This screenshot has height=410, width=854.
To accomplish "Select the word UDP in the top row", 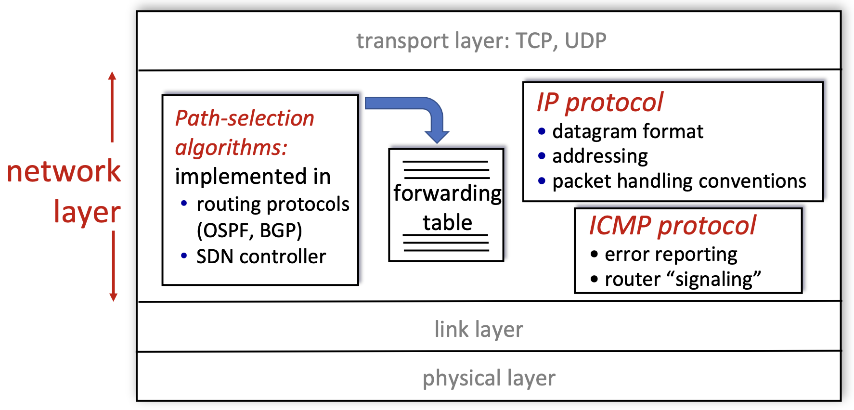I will pyautogui.click(x=585, y=41).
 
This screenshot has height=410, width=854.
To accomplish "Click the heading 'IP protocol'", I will pyautogui.click(x=600, y=102).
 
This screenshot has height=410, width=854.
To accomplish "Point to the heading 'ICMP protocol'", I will pyautogui.click(x=673, y=226).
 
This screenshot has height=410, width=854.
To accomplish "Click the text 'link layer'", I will pyautogui.click(x=479, y=330).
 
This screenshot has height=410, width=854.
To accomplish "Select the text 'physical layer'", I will pyautogui.click(x=489, y=378).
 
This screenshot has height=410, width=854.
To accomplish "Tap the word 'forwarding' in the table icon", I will pyautogui.click(x=447, y=193).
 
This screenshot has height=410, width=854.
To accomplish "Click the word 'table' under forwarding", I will pyautogui.click(x=447, y=223).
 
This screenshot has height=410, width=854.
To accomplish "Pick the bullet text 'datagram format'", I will pyautogui.click(x=627, y=131).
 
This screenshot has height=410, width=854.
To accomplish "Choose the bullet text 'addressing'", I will pyautogui.click(x=600, y=156).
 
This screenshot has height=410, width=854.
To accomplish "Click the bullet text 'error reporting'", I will pyautogui.click(x=671, y=255).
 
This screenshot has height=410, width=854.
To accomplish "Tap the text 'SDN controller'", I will pyautogui.click(x=261, y=257).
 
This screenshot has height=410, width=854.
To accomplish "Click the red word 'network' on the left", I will pyautogui.click(x=64, y=171).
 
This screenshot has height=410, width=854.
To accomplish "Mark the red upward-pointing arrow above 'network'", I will pyautogui.click(x=112, y=106).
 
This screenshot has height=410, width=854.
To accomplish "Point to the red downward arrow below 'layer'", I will pyautogui.click(x=114, y=267).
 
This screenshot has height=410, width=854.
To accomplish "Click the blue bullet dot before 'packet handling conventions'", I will pyautogui.click(x=542, y=181).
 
